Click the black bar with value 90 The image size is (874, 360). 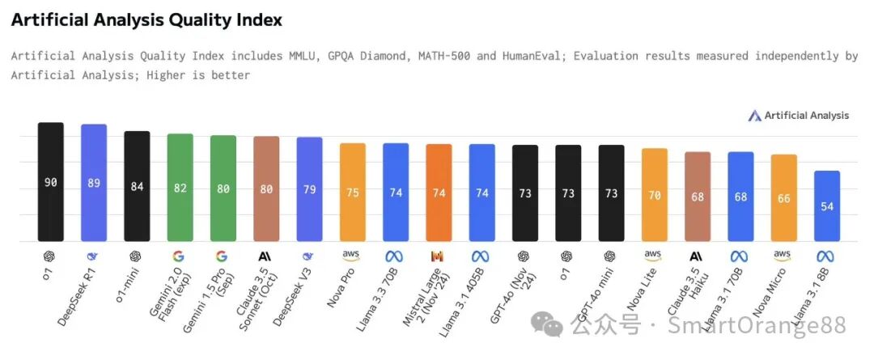[50, 182]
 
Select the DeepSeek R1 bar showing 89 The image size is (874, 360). [94, 183]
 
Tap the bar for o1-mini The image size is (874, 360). [137, 186]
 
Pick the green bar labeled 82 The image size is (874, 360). [180, 188]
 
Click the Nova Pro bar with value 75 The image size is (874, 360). [352, 192]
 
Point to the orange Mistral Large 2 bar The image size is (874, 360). [439, 193]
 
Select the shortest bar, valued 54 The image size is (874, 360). [826, 205]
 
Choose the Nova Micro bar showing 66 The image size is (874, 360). [783, 197]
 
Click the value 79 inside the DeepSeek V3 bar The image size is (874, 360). [309, 190]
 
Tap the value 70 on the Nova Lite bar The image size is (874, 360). [654, 195]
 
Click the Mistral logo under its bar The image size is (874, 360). [438, 256]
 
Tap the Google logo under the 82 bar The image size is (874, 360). [179, 256]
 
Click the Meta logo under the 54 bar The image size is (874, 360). [825, 256]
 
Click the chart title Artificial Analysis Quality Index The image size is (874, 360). [146, 20]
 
